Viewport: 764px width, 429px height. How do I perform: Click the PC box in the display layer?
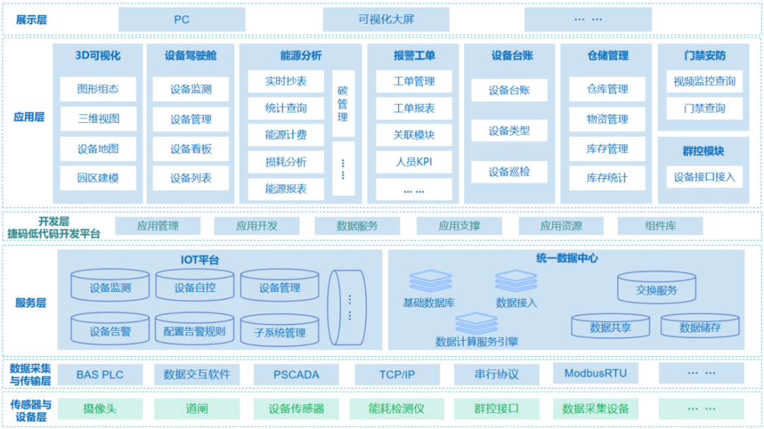pyautogui.click(x=182, y=20)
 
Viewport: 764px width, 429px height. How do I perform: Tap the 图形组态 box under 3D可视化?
pyautogui.click(x=98, y=89)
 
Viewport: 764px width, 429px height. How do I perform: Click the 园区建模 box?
pyautogui.click(x=98, y=178)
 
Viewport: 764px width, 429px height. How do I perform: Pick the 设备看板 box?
pyautogui.click(x=190, y=149)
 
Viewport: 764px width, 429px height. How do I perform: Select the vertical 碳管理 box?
pyautogui.click(x=343, y=103)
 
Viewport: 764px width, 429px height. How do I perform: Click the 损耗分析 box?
pyautogui.click(x=286, y=162)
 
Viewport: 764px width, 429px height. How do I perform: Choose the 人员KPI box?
pyautogui.click(x=414, y=162)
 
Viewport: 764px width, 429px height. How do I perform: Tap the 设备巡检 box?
pyautogui.click(x=509, y=171)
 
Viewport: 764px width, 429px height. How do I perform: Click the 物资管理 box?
pyautogui.click(x=607, y=119)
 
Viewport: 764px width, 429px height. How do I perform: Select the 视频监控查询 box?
pyautogui.click(x=705, y=81)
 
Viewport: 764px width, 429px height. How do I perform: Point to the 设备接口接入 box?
pyautogui.click(x=705, y=177)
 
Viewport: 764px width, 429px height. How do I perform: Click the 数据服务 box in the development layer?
pyautogui.click(x=357, y=226)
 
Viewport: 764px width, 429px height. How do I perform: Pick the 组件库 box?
pyautogui.click(x=660, y=226)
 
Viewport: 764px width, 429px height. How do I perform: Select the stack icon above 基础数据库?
pyautogui.click(x=429, y=281)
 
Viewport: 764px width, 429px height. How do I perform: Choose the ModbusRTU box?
pyautogui.click(x=591, y=373)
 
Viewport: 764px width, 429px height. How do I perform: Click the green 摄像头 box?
pyautogui.click(x=100, y=409)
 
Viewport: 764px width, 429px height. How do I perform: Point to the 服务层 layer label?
pyautogui.click(x=30, y=302)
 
